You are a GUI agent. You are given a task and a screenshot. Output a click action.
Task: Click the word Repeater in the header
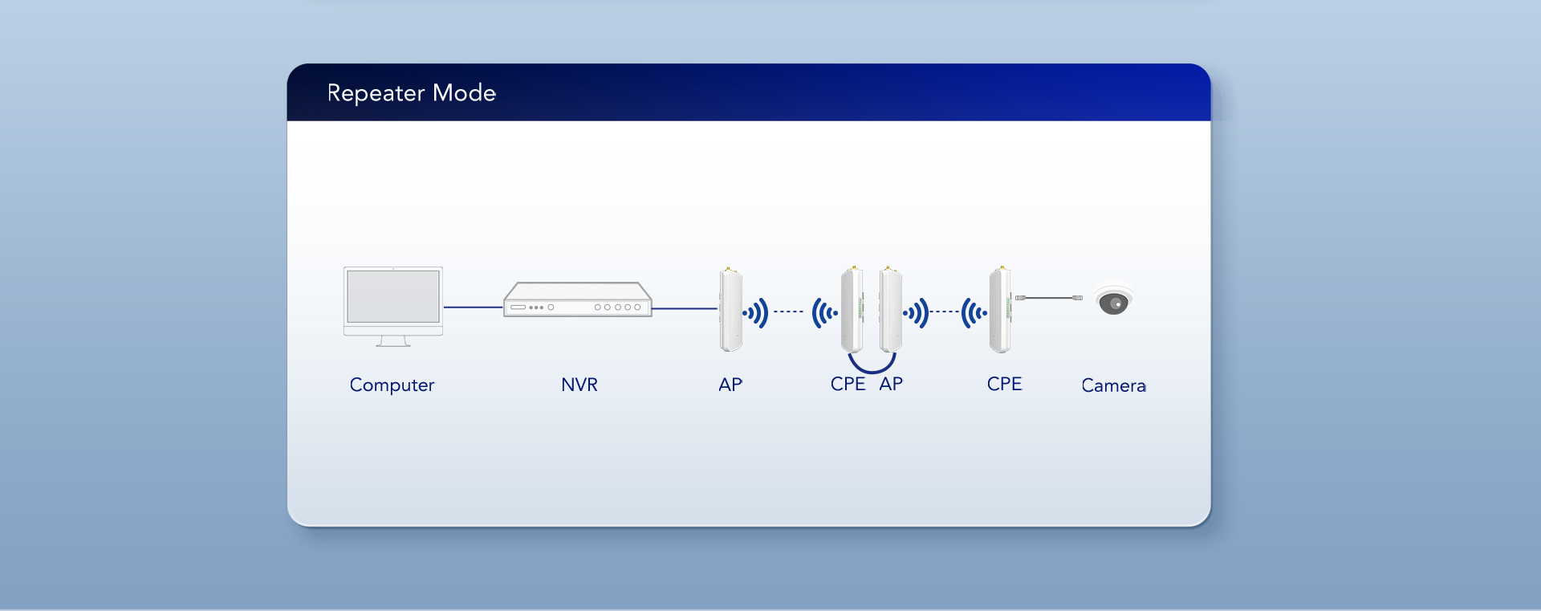376,93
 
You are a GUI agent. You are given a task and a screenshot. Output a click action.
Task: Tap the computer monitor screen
393,296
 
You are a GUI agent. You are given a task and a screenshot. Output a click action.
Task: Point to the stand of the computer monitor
393,341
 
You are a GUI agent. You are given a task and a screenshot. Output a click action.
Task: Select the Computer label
392,385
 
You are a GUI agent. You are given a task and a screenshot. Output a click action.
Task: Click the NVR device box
577,300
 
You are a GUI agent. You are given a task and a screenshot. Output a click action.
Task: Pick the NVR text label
579,385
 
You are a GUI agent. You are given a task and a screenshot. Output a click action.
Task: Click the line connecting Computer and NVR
473,307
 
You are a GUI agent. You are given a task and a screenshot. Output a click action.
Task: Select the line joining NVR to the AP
684,308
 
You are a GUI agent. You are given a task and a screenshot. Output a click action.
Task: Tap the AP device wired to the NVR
730,310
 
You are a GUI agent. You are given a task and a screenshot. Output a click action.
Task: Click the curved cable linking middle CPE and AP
872,369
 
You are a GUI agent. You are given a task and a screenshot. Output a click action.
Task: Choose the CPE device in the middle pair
852,310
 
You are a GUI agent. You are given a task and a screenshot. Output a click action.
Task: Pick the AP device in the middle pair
890,310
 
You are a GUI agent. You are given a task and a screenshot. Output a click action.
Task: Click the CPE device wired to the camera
1000,310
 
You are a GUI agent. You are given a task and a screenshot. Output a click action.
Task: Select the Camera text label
1113,385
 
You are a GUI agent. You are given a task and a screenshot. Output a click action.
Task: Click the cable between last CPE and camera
1049,298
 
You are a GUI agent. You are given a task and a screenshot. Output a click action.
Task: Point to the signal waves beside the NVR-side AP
756,312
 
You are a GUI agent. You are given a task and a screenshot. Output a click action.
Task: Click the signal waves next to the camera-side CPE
974,312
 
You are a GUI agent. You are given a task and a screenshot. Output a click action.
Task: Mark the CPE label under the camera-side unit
1004,384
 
